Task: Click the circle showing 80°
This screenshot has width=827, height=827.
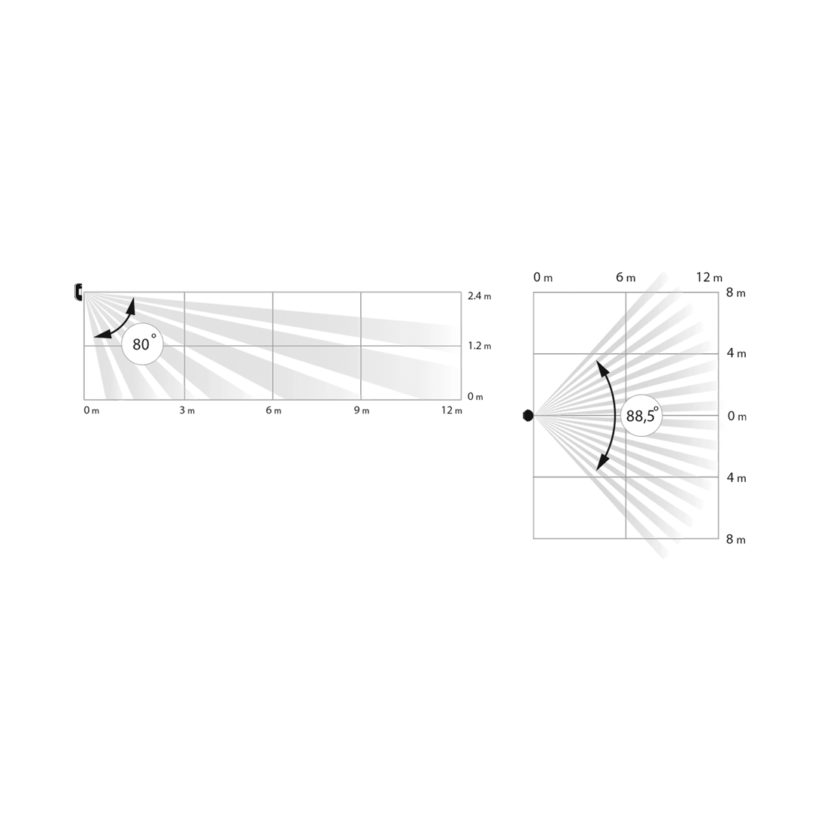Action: (142, 344)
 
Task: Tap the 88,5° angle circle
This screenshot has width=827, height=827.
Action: (641, 416)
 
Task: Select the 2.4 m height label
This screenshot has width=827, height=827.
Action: (480, 296)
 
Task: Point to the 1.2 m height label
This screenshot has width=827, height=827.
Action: (480, 346)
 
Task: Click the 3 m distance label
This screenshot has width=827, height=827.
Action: (186, 410)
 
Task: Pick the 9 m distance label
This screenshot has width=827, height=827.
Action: (362, 410)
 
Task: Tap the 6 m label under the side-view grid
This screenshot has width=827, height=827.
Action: (273, 410)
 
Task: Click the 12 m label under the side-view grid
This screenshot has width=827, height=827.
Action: (452, 410)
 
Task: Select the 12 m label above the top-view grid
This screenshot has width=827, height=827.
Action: (709, 277)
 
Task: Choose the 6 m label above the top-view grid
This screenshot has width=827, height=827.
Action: (626, 277)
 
